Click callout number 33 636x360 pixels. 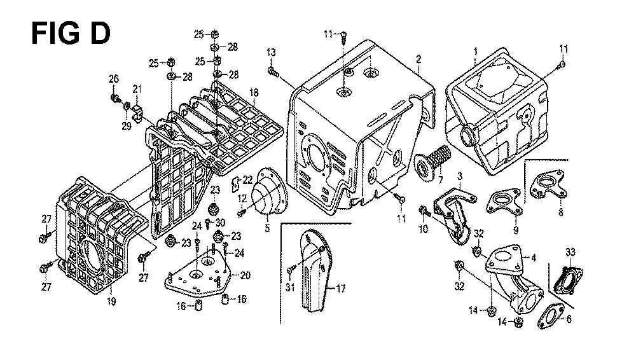click(x=569, y=252)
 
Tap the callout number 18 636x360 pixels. click(x=254, y=93)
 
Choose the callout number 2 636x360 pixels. click(x=418, y=59)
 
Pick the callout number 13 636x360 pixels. click(x=271, y=52)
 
